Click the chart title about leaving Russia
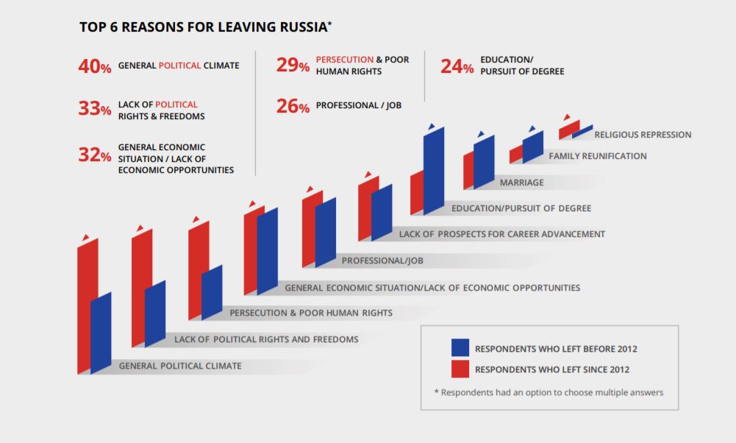(205, 28)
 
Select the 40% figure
(95, 66)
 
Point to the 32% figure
(95, 155)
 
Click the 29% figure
(293, 66)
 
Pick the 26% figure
(293, 107)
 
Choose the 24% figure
(457, 67)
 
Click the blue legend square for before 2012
(460, 348)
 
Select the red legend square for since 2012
(460, 369)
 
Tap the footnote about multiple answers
(549, 392)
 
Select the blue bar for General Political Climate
(101, 331)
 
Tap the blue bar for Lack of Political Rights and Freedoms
(155, 313)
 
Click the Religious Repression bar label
(643, 135)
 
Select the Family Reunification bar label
(598, 156)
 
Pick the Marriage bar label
(521, 182)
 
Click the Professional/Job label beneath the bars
(382, 261)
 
